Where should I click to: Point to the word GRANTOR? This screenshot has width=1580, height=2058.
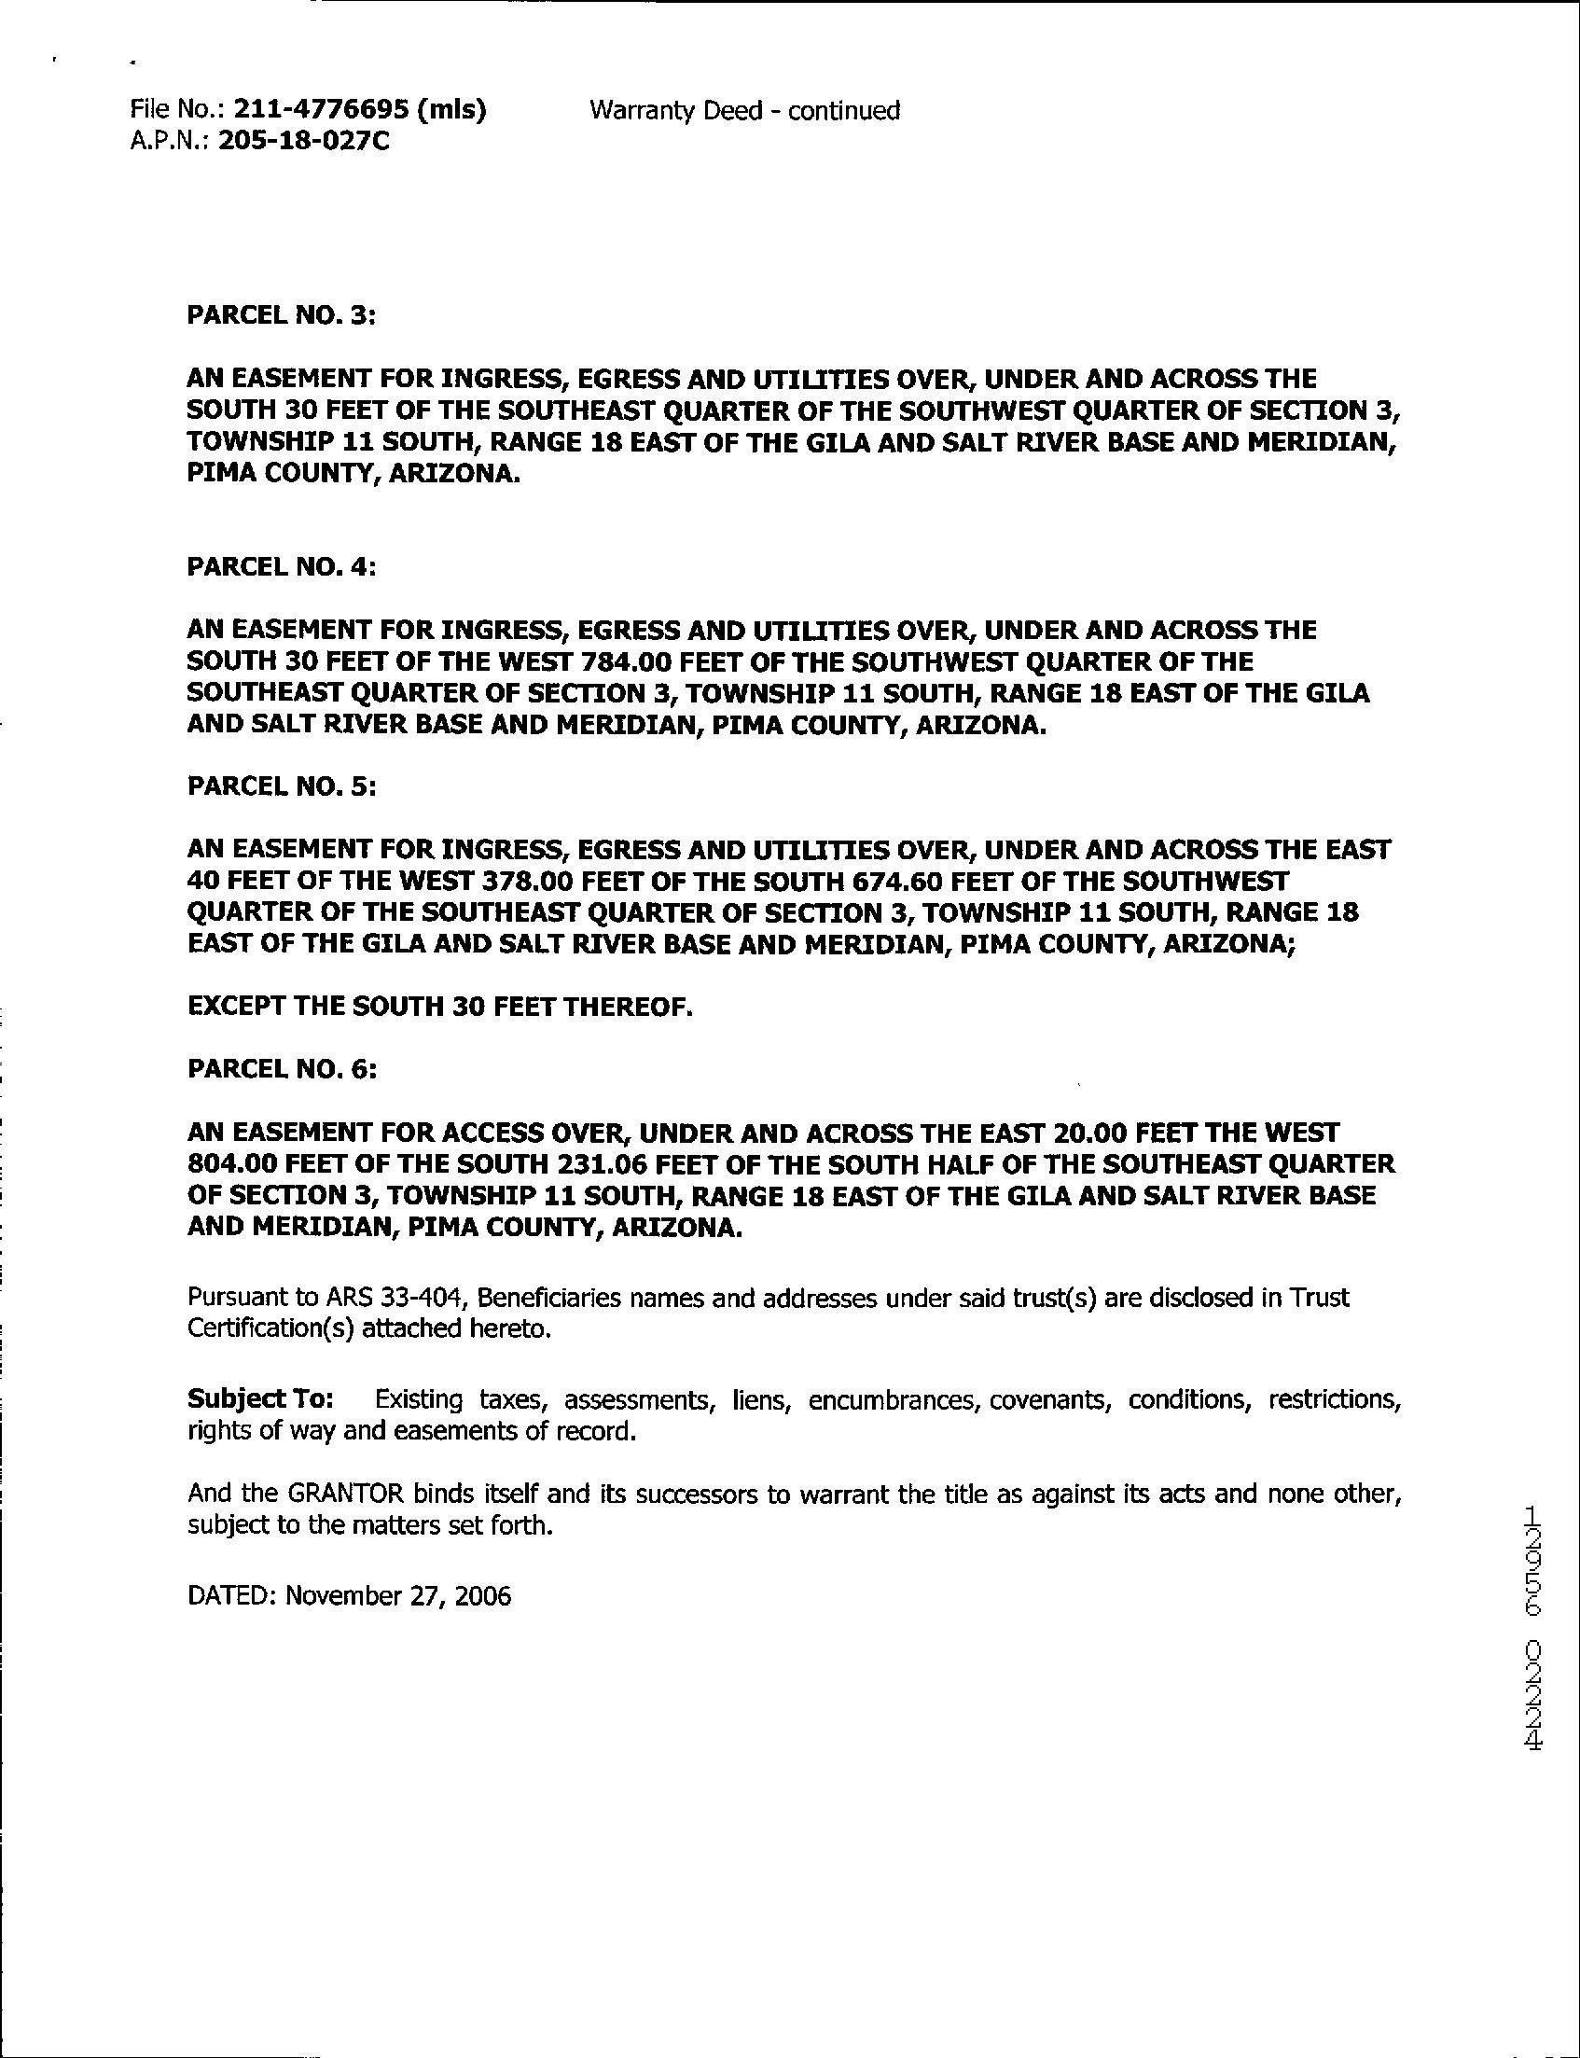tap(346, 1494)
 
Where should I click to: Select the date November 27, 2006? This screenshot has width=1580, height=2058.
tap(398, 1596)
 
